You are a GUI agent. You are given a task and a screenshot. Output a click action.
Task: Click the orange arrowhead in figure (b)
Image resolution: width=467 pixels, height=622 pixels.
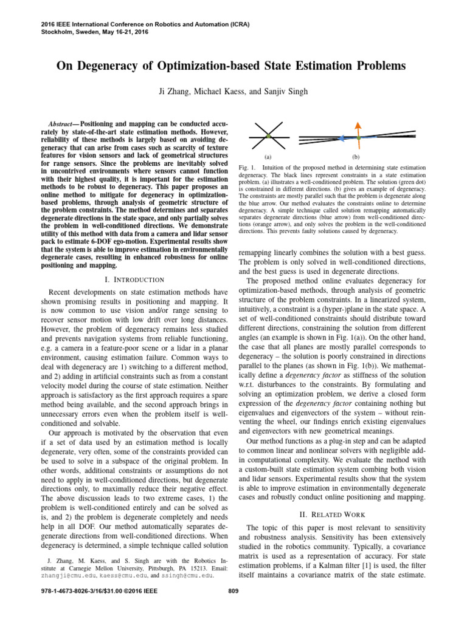(x=359, y=123)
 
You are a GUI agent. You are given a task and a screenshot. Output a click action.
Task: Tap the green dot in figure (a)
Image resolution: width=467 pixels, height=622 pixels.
(x=268, y=137)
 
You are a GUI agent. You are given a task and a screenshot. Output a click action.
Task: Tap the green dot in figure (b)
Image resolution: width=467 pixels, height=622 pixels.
(x=359, y=138)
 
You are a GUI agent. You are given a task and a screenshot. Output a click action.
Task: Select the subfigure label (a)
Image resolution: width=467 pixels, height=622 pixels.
(x=268, y=156)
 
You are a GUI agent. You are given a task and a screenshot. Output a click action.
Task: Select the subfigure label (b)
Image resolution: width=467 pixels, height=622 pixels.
(x=356, y=156)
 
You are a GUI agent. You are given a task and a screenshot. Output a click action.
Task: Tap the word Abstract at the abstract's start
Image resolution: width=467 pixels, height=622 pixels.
(x=63, y=122)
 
